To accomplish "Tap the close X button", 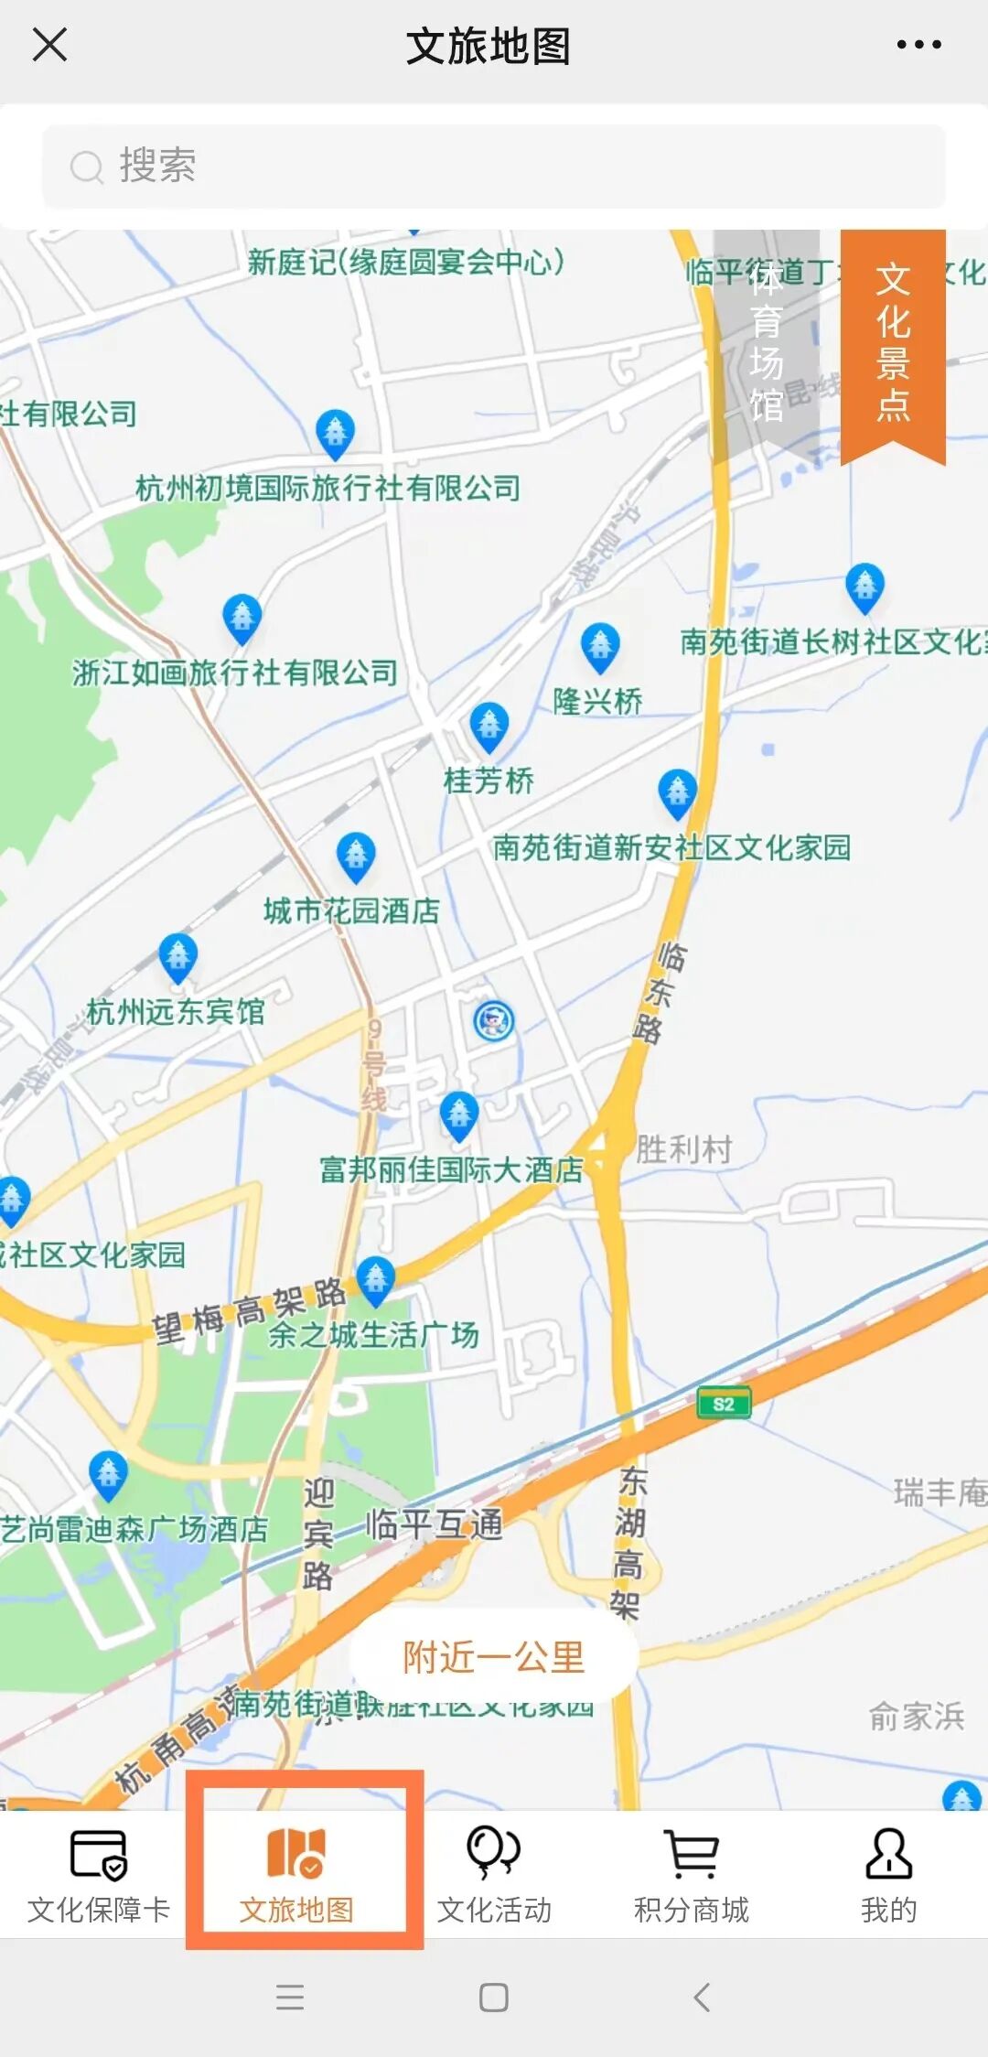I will click(49, 44).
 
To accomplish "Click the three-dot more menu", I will click(918, 44).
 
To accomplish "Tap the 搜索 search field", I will click(494, 167).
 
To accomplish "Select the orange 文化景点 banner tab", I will click(892, 343).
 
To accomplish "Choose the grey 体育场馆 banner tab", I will click(767, 343).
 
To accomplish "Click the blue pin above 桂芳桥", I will click(489, 726).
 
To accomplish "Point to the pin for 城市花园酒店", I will click(356, 855).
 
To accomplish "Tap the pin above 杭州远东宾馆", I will click(178, 956).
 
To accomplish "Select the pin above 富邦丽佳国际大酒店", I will click(459, 1115).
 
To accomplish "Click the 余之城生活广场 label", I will click(373, 1335).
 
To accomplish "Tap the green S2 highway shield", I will click(724, 1404).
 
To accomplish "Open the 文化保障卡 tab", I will click(99, 1872).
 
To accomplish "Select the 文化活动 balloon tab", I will click(494, 1872).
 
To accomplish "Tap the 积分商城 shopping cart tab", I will click(692, 1872).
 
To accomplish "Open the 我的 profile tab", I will click(888, 1872).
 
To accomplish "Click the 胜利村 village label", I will click(684, 1149).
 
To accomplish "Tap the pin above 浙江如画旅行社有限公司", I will click(242, 618).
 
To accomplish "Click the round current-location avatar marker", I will click(494, 1019).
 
